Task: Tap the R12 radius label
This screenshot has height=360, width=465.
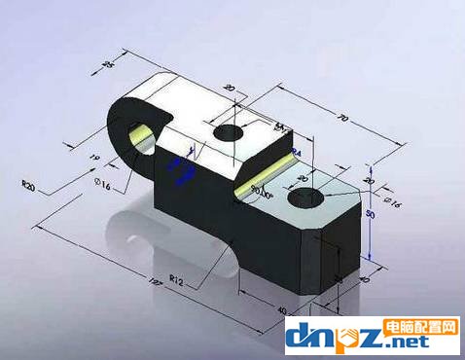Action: tap(175, 280)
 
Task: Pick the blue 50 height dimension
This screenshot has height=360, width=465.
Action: tap(370, 212)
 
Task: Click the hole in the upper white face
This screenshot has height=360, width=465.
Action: tap(230, 131)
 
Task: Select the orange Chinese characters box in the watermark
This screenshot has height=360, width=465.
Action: tap(423, 326)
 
